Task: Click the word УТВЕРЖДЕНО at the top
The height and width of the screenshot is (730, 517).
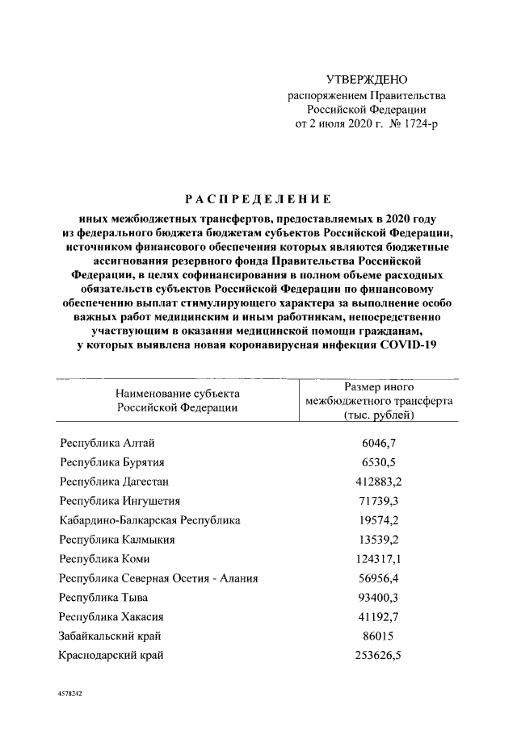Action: [x=367, y=79]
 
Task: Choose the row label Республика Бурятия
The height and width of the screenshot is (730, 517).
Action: [x=112, y=462]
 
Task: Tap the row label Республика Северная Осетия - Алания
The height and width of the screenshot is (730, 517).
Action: [x=159, y=578]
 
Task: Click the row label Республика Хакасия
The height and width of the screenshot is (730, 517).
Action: [x=113, y=616]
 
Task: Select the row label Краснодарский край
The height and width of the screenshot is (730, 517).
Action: [x=111, y=655]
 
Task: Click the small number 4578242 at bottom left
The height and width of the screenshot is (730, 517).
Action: [x=71, y=694]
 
